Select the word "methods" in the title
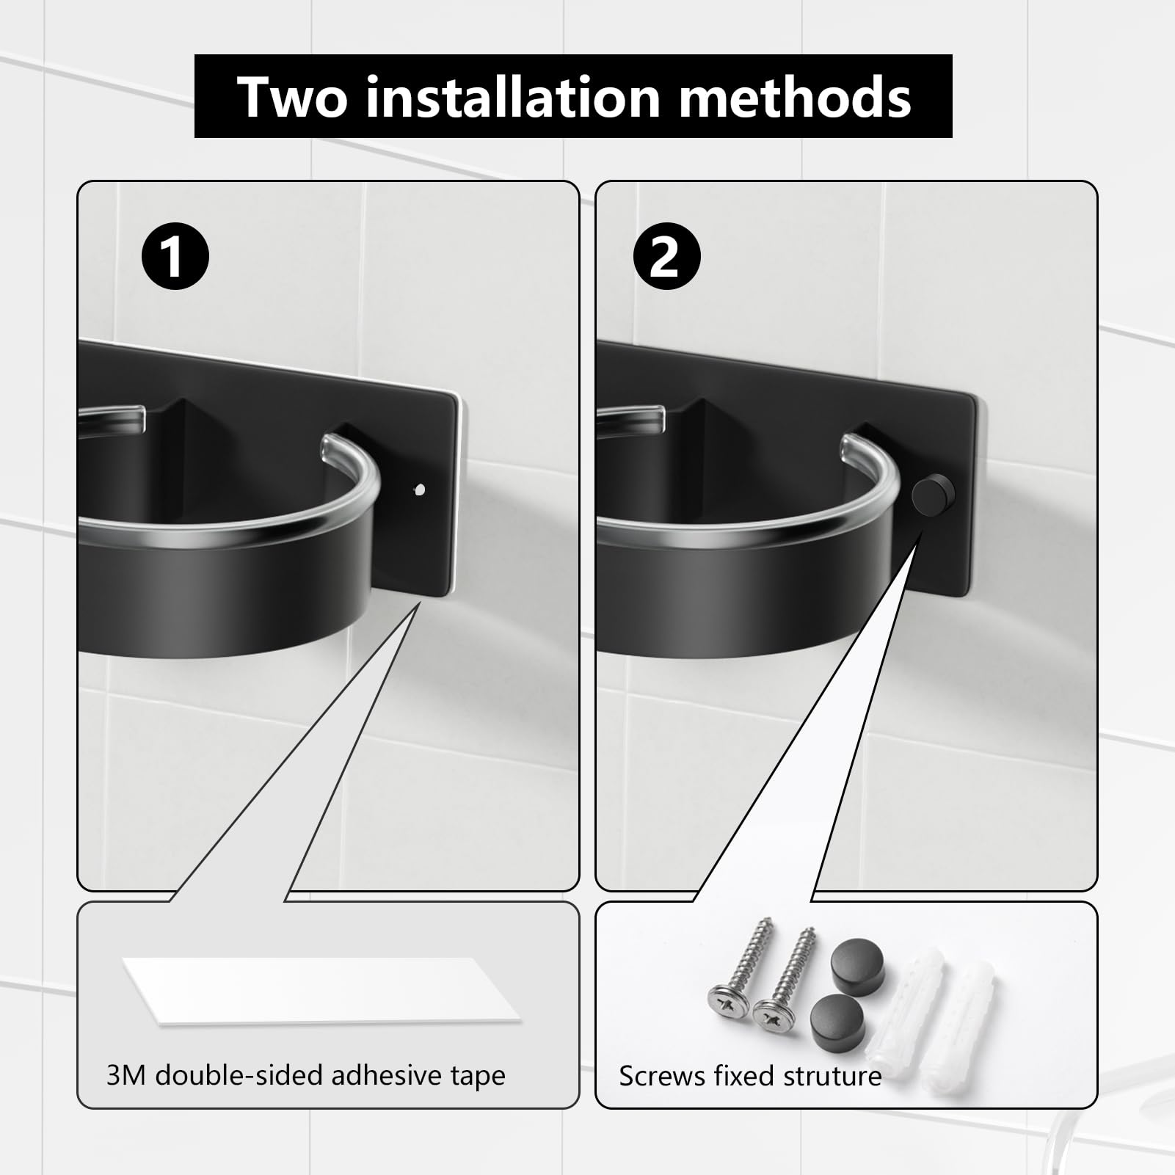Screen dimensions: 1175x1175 click(795, 97)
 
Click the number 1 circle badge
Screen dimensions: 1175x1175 click(175, 257)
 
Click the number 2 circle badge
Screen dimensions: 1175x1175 click(666, 257)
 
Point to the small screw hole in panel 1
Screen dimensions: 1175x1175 click(420, 490)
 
